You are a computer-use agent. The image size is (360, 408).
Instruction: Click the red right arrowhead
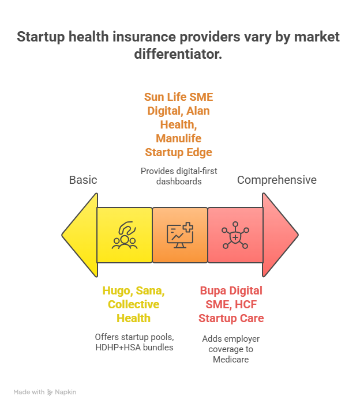click(x=279, y=235)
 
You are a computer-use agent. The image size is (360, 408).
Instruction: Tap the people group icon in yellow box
click(x=125, y=235)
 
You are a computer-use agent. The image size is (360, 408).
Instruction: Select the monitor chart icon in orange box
click(x=180, y=235)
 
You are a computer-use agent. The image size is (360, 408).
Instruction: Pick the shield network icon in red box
click(x=235, y=235)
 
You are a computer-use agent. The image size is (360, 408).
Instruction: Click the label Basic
click(x=83, y=180)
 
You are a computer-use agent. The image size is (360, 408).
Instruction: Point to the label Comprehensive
click(x=277, y=180)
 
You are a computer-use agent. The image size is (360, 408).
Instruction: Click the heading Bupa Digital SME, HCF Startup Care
click(x=231, y=304)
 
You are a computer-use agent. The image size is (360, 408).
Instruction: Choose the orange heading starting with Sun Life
click(x=179, y=124)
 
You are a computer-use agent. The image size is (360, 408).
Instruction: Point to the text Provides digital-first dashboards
click(x=179, y=176)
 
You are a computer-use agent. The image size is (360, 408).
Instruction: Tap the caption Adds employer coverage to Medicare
click(x=231, y=349)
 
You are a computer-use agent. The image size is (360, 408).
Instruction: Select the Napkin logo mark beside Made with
click(x=50, y=392)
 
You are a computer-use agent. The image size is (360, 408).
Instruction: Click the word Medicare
click(x=231, y=360)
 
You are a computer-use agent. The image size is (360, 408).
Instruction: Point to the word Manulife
click(x=179, y=138)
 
